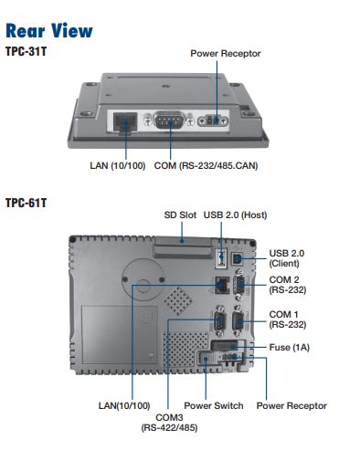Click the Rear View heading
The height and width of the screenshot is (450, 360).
tap(49, 30)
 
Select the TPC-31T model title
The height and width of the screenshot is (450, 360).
tap(26, 51)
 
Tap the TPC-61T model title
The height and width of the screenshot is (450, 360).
tap(26, 203)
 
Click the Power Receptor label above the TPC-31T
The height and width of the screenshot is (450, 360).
tap(226, 54)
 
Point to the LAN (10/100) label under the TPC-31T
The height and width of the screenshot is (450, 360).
tap(118, 166)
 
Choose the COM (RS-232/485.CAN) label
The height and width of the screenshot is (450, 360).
tap(206, 166)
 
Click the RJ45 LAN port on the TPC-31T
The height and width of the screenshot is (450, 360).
tap(125, 122)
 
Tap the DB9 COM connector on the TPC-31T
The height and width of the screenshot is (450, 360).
tap(170, 120)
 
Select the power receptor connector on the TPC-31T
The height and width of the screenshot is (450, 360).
tap(213, 120)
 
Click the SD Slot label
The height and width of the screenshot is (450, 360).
tap(180, 215)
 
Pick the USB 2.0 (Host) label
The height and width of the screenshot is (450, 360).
tap(235, 215)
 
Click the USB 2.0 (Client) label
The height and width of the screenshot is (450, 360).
tap(287, 258)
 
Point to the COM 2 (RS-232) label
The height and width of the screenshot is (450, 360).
tap(288, 285)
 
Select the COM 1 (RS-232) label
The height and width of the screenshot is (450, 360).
tap(288, 319)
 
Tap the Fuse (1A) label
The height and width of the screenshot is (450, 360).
tap(290, 348)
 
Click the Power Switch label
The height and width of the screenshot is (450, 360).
tap(214, 405)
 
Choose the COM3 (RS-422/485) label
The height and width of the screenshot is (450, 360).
tap(169, 423)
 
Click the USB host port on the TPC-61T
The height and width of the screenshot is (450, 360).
tap(221, 258)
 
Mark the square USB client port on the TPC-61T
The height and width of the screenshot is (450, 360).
tap(238, 258)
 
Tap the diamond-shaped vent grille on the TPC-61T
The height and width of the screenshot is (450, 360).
tap(178, 301)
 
